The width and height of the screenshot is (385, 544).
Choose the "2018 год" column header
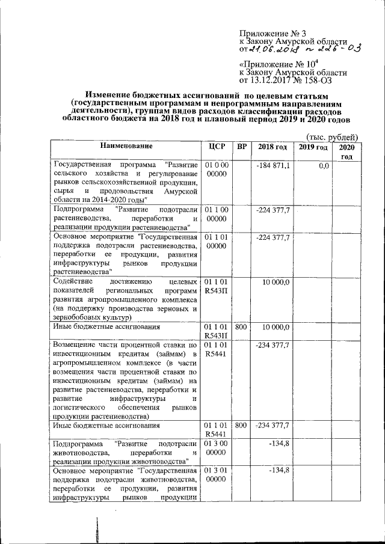point(272,147)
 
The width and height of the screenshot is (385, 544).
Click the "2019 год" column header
point(313,147)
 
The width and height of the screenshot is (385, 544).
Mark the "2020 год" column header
point(346,151)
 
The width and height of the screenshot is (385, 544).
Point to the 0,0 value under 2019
point(323,165)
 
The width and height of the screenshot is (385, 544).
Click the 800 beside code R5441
point(241,426)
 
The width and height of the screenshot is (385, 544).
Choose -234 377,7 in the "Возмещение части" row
point(274,346)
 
